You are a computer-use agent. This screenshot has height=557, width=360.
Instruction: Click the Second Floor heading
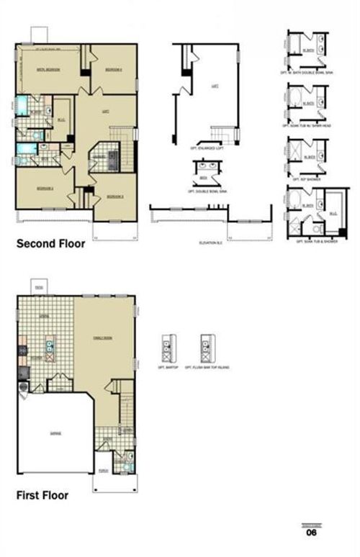pos(50,244)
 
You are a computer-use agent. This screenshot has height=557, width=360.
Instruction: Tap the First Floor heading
pos(43,495)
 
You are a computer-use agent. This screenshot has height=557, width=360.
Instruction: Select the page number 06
pos(311,533)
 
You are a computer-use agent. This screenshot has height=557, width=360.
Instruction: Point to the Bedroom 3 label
pos(115,196)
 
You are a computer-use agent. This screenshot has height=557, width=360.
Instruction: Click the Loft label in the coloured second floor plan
pos(105,112)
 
